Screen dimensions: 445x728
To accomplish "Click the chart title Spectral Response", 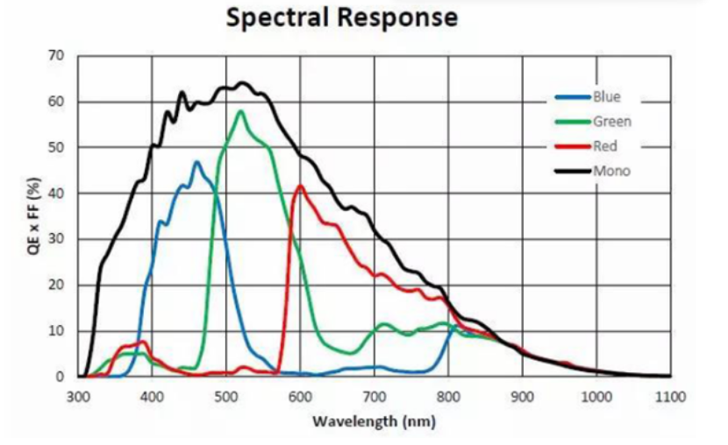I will [342, 18].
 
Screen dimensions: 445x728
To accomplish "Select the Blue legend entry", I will [606, 97].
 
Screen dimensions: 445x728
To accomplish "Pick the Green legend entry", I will [611, 122].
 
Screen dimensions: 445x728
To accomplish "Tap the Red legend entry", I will [605, 146].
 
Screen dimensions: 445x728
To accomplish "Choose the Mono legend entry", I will [610, 171].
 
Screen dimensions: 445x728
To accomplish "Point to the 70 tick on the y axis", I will [57, 56].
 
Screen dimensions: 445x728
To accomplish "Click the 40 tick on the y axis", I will [57, 194].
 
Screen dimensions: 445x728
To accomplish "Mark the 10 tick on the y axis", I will [57, 331].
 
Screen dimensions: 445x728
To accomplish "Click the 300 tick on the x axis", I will [78, 396].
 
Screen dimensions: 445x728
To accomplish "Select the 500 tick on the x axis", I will [226, 396].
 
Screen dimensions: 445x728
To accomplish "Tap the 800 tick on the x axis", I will [448, 396].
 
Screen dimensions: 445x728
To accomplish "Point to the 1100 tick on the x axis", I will [669, 396].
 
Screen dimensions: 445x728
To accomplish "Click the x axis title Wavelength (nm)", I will [374, 421].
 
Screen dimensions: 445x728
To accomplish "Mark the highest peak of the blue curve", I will [196, 161].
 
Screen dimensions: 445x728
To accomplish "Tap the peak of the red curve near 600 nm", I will [300, 185].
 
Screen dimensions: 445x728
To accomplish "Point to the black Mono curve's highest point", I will [243, 83].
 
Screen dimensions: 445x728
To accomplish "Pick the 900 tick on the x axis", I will [522, 396].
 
